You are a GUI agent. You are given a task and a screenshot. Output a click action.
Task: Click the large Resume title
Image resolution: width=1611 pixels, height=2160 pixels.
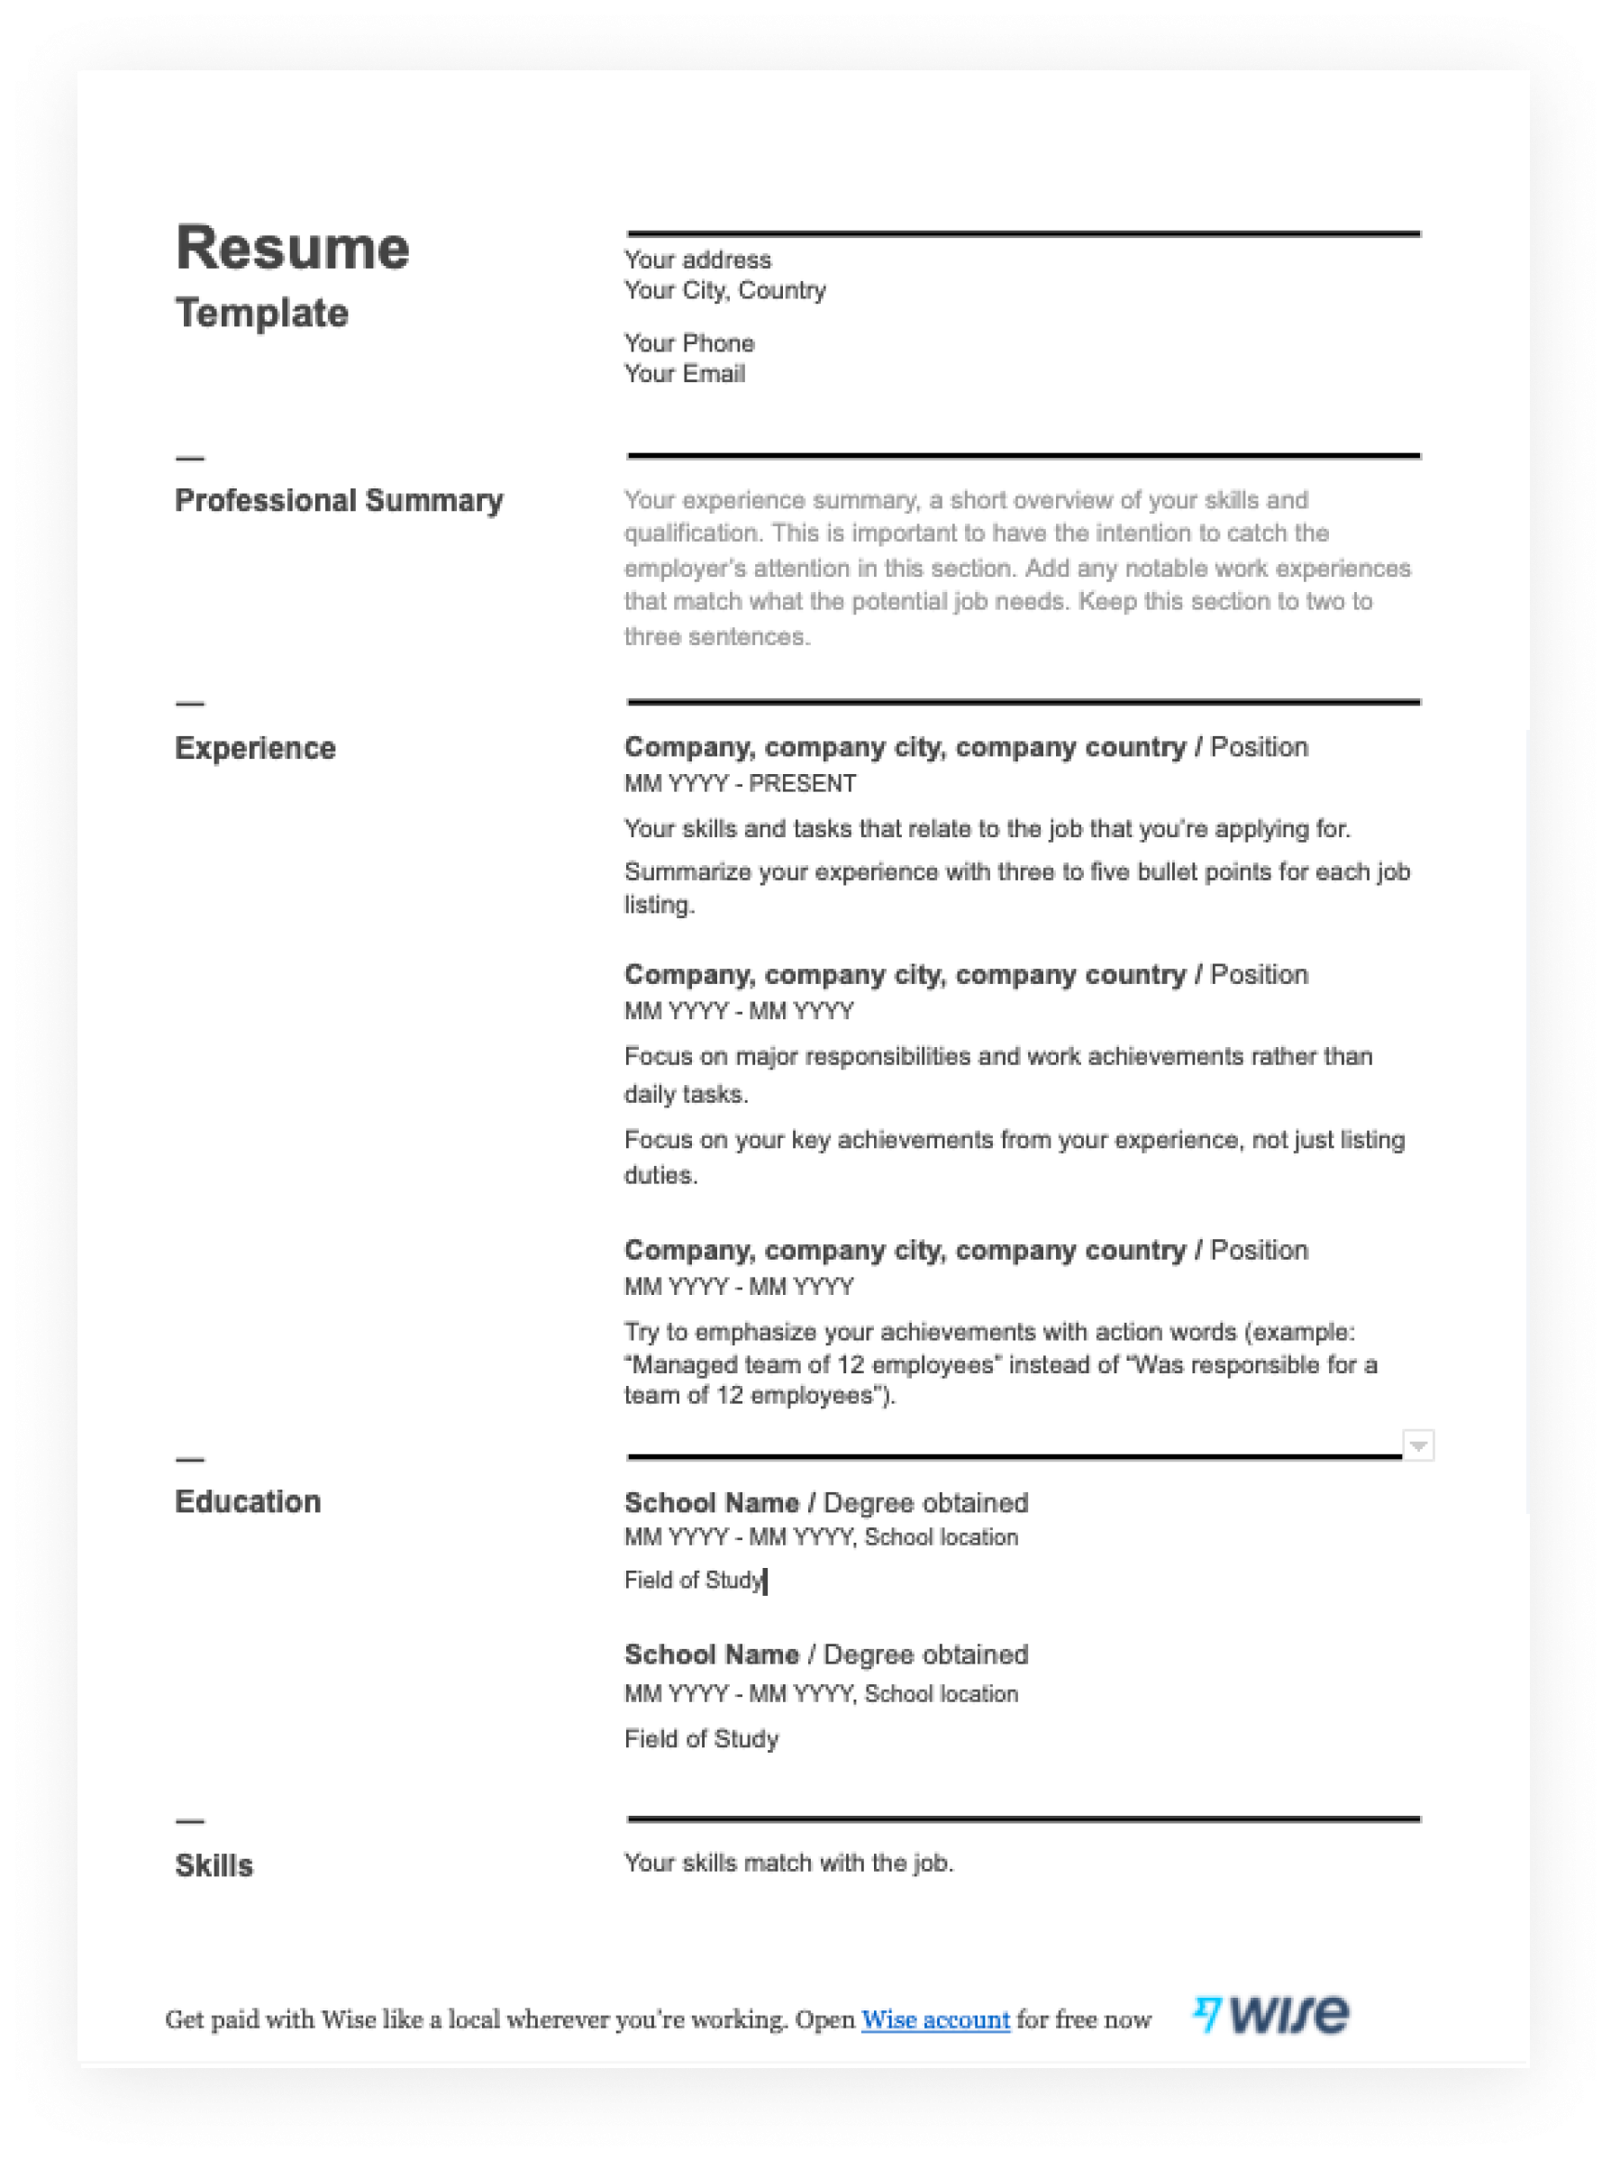coord(292,248)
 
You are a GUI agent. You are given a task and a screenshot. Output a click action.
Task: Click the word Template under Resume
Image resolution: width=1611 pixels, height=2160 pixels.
coord(261,313)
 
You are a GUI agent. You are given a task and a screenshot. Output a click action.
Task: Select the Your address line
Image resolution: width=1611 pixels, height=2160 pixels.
coord(697,260)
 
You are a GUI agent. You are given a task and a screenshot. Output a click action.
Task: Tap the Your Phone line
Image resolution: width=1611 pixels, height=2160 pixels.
coord(688,343)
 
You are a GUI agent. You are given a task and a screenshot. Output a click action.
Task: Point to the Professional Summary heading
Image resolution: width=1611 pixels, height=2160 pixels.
coord(339,500)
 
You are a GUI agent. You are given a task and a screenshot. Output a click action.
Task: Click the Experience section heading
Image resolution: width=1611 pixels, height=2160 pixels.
coord(254,748)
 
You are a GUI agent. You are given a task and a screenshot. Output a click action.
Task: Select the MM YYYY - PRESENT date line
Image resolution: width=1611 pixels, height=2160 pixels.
coord(739,784)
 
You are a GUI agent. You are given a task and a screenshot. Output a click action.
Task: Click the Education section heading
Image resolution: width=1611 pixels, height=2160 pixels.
coord(248,1502)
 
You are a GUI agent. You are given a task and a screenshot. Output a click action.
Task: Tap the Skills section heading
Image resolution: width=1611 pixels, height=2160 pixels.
coord(214,1865)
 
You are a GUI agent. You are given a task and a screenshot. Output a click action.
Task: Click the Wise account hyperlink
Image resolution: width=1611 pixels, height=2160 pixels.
coord(935,2019)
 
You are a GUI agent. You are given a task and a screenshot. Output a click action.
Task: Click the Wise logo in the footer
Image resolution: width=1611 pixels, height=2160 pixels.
coord(1288,2015)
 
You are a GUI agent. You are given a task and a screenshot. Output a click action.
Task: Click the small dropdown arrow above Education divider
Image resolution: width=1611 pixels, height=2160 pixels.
coord(1418,1445)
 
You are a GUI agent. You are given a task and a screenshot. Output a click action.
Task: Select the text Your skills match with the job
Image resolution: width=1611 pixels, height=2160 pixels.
coord(788,1863)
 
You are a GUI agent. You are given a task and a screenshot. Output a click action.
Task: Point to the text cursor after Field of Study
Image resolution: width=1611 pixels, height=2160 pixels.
coord(767,1581)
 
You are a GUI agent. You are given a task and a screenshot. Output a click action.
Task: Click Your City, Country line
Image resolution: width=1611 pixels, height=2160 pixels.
coord(724,290)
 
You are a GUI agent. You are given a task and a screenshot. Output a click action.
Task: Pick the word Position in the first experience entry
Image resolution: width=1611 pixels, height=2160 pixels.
coord(1258,747)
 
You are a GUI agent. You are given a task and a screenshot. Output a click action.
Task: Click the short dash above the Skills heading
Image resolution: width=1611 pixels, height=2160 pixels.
coord(190,1820)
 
